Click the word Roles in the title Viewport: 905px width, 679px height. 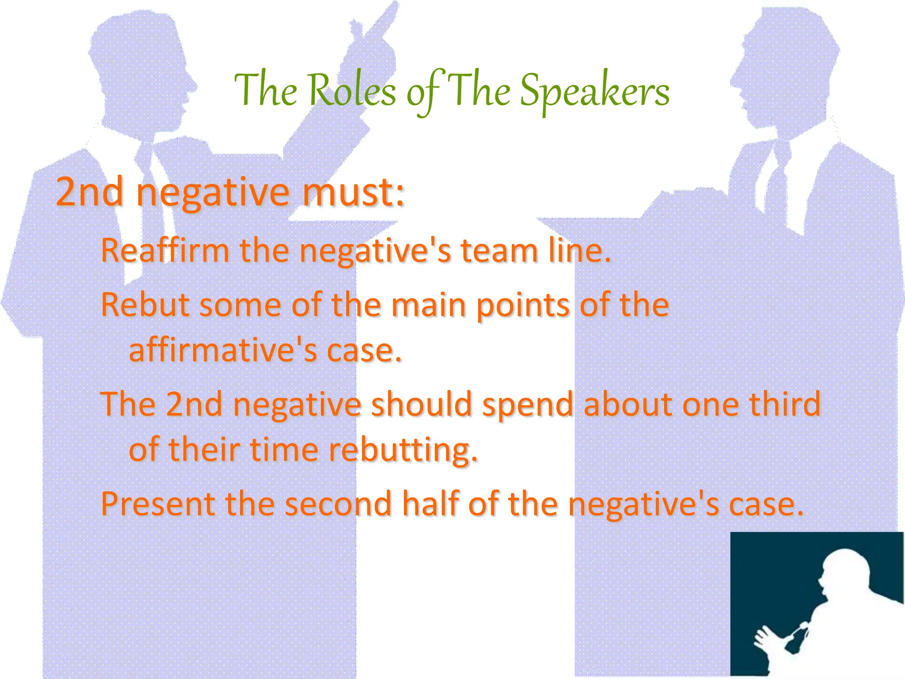pos(352,91)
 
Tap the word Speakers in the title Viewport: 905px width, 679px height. pos(594,91)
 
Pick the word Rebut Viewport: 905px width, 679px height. pos(145,305)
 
